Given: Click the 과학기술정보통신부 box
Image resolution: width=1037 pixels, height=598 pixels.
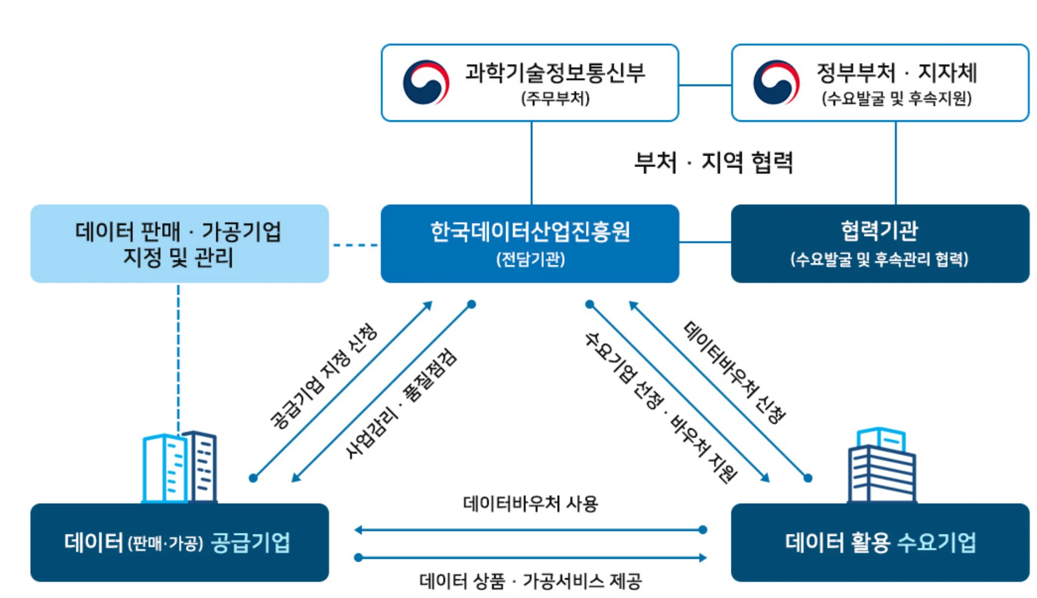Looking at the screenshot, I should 530,83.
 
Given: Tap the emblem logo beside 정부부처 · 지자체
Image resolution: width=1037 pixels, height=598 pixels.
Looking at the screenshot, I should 776,83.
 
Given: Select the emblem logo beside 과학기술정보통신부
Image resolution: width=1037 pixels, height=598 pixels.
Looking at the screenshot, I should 426,83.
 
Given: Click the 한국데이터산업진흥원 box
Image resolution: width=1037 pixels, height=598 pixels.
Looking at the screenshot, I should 530,243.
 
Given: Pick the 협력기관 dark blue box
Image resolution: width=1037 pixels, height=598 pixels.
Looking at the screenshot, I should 880,243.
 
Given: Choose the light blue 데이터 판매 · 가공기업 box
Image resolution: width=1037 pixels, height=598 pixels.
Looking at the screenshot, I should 179,243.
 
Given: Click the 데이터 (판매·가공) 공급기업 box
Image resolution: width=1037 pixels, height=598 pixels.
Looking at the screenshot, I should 179,542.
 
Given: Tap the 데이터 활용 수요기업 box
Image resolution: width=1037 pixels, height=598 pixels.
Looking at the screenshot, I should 880,542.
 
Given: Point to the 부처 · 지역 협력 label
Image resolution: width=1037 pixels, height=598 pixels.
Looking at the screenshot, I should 713,163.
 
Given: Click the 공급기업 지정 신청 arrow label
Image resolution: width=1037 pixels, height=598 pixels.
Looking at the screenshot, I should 323,376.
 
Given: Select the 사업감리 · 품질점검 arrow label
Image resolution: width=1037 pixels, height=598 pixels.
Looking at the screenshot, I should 401,403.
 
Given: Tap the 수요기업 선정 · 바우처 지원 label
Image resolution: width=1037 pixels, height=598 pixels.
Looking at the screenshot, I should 660,407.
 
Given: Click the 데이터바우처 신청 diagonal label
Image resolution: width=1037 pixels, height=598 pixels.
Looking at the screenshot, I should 734,372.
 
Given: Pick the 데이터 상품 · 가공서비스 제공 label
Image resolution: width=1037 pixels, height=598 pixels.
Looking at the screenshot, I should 530,581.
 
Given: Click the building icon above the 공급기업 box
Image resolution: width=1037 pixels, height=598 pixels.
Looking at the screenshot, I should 179,467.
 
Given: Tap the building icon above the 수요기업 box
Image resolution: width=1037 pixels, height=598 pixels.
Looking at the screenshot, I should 881,465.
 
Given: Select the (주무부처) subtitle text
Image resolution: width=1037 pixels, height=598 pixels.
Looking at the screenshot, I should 555,99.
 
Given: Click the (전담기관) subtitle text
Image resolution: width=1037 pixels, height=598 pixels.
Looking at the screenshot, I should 530,259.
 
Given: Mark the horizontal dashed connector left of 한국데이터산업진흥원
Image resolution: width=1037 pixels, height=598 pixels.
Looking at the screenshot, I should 355,245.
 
